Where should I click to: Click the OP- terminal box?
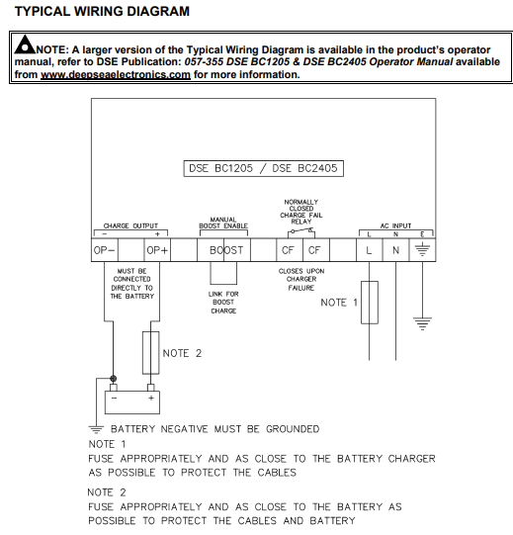105,250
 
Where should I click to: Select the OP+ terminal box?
157,250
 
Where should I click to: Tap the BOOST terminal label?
226,250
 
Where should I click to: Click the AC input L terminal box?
370,250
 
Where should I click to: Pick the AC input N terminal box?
396,250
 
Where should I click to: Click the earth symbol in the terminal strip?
422,250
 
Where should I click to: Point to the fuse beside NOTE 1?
370,303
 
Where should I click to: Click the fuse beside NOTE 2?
151,353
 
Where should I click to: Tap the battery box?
132,402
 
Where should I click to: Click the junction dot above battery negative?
114,379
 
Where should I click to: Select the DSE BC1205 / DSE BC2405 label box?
264,168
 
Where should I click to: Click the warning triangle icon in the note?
25,45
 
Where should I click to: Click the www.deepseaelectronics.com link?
116,75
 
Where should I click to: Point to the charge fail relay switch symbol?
301,232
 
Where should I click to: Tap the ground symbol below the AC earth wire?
422,323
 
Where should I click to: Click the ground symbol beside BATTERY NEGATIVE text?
96,429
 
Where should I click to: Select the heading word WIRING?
98,11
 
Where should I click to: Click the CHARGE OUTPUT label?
130,225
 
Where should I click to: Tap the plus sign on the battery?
151,398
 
